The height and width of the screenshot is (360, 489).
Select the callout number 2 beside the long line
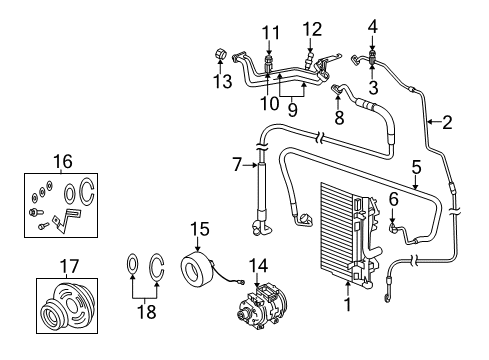point(447,124)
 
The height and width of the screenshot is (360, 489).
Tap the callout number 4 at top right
point(372,26)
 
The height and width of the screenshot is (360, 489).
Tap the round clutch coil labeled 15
point(195,273)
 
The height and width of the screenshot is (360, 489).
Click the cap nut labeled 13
point(219,55)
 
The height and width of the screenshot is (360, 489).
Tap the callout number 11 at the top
point(267,33)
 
